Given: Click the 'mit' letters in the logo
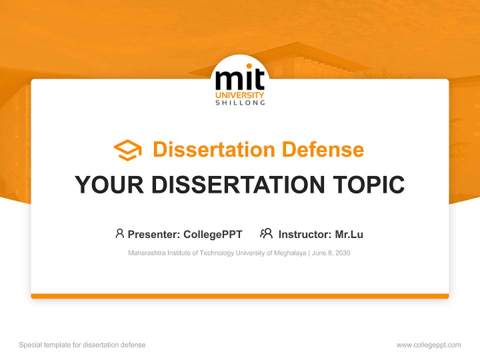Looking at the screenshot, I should click(x=240, y=80).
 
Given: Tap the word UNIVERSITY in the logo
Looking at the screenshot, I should click(x=240, y=95).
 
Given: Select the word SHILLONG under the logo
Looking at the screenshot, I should click(x=240, y=103).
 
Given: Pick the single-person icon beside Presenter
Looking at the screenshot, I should click(x=119, y=233).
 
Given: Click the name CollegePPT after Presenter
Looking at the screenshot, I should click(x=213, y=234).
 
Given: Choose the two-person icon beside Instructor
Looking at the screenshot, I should click(x=266, y=233).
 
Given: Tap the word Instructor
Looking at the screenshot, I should click(x=304, y=234).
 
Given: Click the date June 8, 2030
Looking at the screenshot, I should click(x=331, y=253).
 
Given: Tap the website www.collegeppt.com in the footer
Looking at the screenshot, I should click(x=428, y=345).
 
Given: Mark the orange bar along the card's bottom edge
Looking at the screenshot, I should click(x=240, y=296).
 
